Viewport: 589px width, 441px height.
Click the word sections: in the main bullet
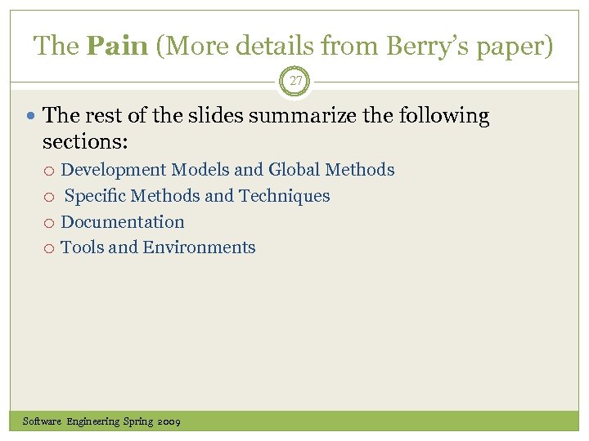click(85, 141)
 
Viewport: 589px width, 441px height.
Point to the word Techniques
click(284, 196)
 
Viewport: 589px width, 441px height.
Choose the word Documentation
click(123, 222)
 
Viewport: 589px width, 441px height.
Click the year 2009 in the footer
click(169, 421)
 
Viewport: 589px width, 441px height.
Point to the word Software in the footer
click(42, 421)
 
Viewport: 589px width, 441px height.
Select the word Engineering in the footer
click(92, 421)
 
